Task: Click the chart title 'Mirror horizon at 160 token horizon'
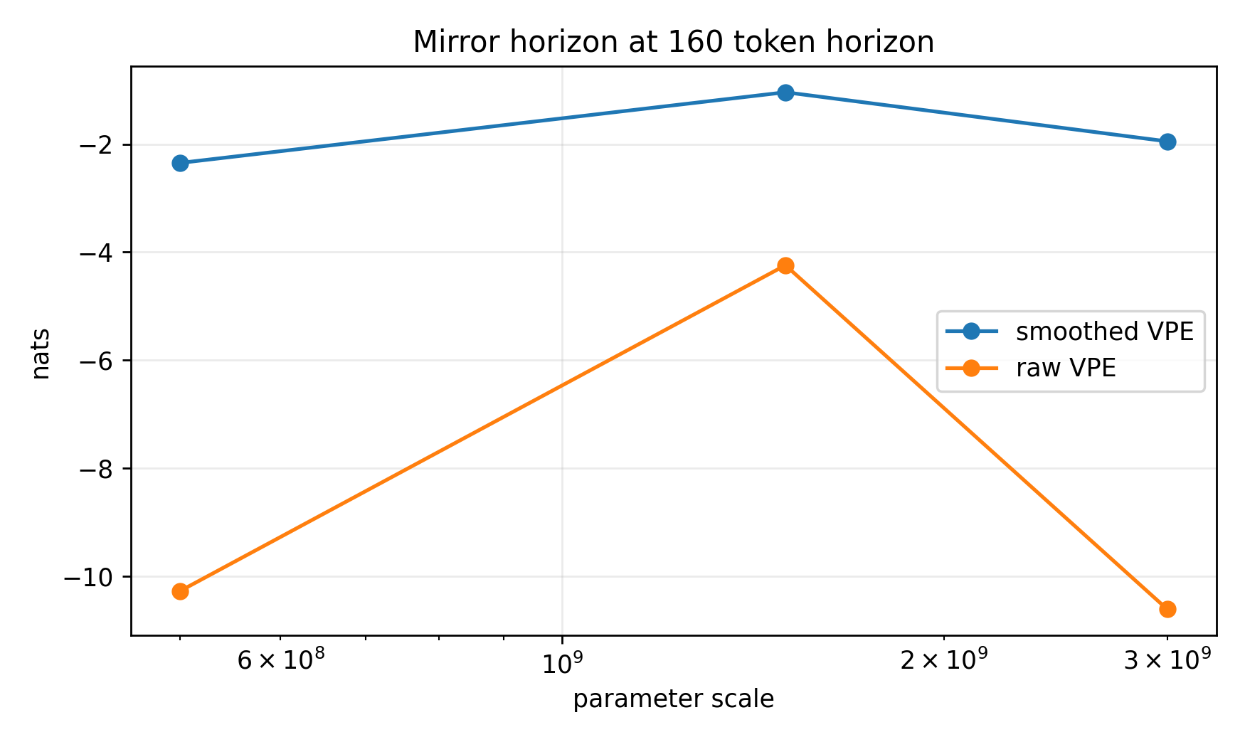pos(673,42)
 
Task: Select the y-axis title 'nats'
pos(41,354)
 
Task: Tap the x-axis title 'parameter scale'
pos(673,699)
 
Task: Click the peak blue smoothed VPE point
pos(785,92)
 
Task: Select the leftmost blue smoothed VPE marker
pos(180,163)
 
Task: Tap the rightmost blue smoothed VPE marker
pos(1167,142)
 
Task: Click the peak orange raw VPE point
pos(785,265)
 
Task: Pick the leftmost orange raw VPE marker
pos(180,591)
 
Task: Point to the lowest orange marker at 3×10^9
pos(1167,609)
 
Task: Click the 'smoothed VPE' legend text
pos(1104,332)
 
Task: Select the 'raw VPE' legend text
pos(1066,369)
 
